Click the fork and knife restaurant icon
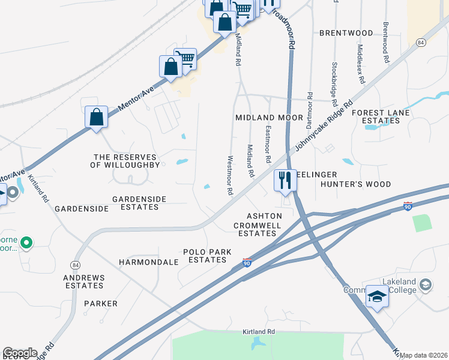[x=285, y=180]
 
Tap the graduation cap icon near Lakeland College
[x=378, y=297]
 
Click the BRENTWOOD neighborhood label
[x=346, y=32]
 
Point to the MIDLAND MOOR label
[x=269, y=118]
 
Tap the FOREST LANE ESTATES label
[x=381, y=116]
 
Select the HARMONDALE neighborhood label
[x=149, y=262]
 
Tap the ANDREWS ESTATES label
[x=85, y=282]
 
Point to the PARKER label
[x=101, y=304]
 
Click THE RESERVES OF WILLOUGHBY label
[x=126, y=160]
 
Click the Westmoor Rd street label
[x=229, y=176]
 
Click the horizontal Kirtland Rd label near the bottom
[x=259, y=332]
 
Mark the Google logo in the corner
[x=19, y=353]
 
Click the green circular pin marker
[x=26, y=243]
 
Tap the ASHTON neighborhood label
[x=265, y=216]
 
